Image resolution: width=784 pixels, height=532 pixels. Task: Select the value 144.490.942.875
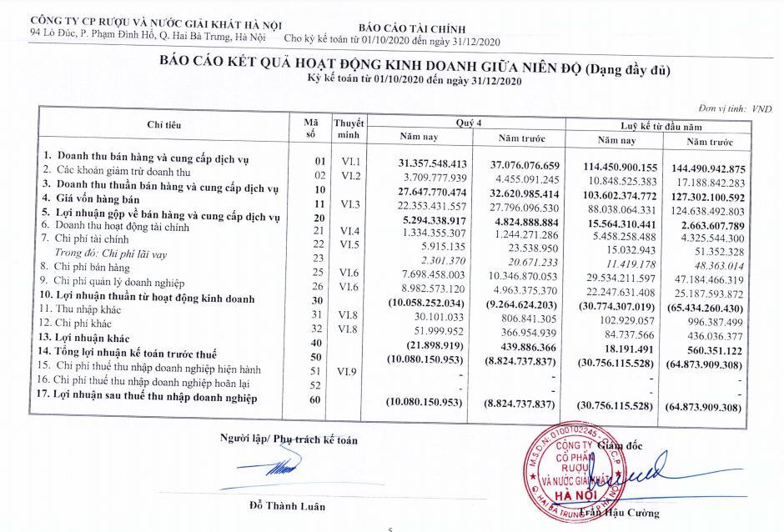(x=705, y=168)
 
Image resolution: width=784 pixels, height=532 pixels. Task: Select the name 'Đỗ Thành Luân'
(x=287, y=505)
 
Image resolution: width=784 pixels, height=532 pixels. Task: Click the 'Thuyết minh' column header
(x=348, y=128)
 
